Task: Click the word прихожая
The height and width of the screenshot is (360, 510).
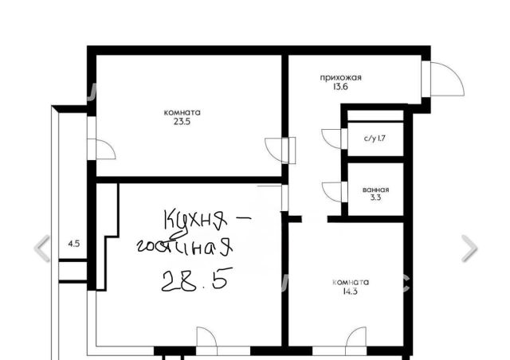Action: pos(340,78)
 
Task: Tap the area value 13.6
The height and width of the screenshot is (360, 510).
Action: pos(340,87)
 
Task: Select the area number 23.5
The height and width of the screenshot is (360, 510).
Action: pos(182,122)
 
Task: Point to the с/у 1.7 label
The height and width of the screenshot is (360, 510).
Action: pos(375,139)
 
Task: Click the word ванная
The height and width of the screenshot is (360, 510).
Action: pos(375,190)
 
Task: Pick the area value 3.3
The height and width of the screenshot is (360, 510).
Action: pos(375,198)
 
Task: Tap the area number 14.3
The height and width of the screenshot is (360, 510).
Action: pos(351,291)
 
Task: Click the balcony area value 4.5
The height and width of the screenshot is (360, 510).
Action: pos(74,244)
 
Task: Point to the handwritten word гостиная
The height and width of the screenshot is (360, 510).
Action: pos(185,246)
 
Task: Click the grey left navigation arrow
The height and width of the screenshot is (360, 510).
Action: pos(42,248)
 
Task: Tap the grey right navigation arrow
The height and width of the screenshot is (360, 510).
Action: pos(469,248)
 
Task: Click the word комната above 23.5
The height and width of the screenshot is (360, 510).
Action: pos(182,113)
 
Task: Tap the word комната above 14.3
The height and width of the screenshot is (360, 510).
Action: pos(351,282)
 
